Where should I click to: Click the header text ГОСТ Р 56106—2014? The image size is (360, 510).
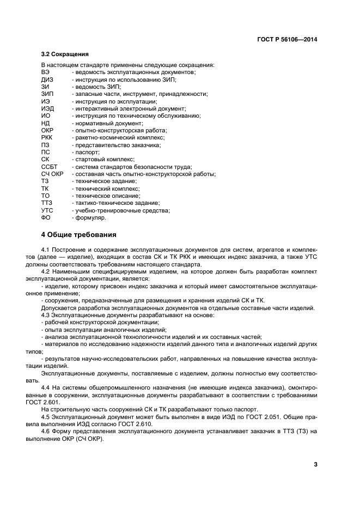point(287,40)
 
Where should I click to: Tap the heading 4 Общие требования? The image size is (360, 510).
point(79,235)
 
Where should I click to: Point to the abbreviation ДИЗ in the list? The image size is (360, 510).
point(47,80)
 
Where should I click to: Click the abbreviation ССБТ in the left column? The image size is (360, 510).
point(49,167)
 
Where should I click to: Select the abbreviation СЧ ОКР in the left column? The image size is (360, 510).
point(53,174)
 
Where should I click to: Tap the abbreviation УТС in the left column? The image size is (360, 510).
point(47,210)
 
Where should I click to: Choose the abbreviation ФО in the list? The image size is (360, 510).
point(46,217)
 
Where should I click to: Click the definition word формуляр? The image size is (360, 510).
point(91,217)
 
